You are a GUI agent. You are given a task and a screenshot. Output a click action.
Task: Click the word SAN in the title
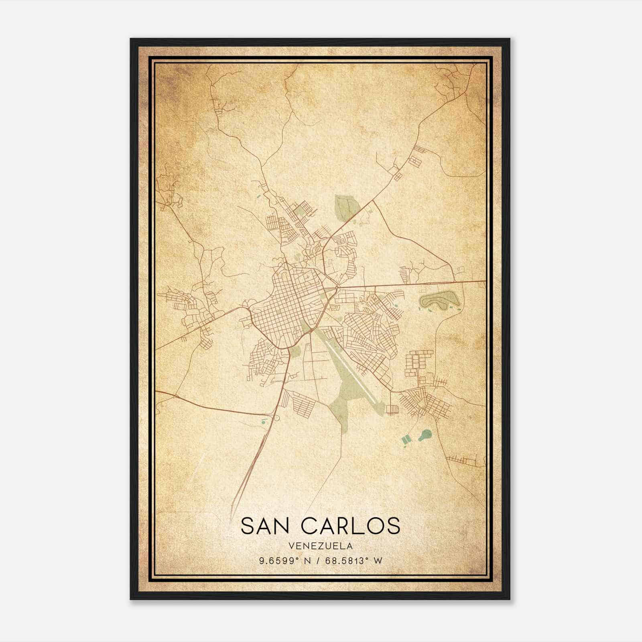pyautogui.click(x=266, y=526)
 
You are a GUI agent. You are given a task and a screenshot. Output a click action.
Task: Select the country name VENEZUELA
pyautogui.click(x=320, y=546)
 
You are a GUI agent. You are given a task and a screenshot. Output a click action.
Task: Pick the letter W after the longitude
pyautogui.click(x=378, y=561)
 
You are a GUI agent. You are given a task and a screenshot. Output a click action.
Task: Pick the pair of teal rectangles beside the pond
pyautogui.click(x=407, y=440)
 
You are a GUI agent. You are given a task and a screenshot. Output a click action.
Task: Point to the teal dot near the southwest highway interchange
pyautogui.click(x=264, y=422)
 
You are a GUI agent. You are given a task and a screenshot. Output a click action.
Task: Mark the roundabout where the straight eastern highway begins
pyautogui.click(x=337, y=288)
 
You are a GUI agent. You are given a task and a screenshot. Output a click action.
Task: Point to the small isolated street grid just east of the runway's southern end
pyautogui.click(x=392, y=409)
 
